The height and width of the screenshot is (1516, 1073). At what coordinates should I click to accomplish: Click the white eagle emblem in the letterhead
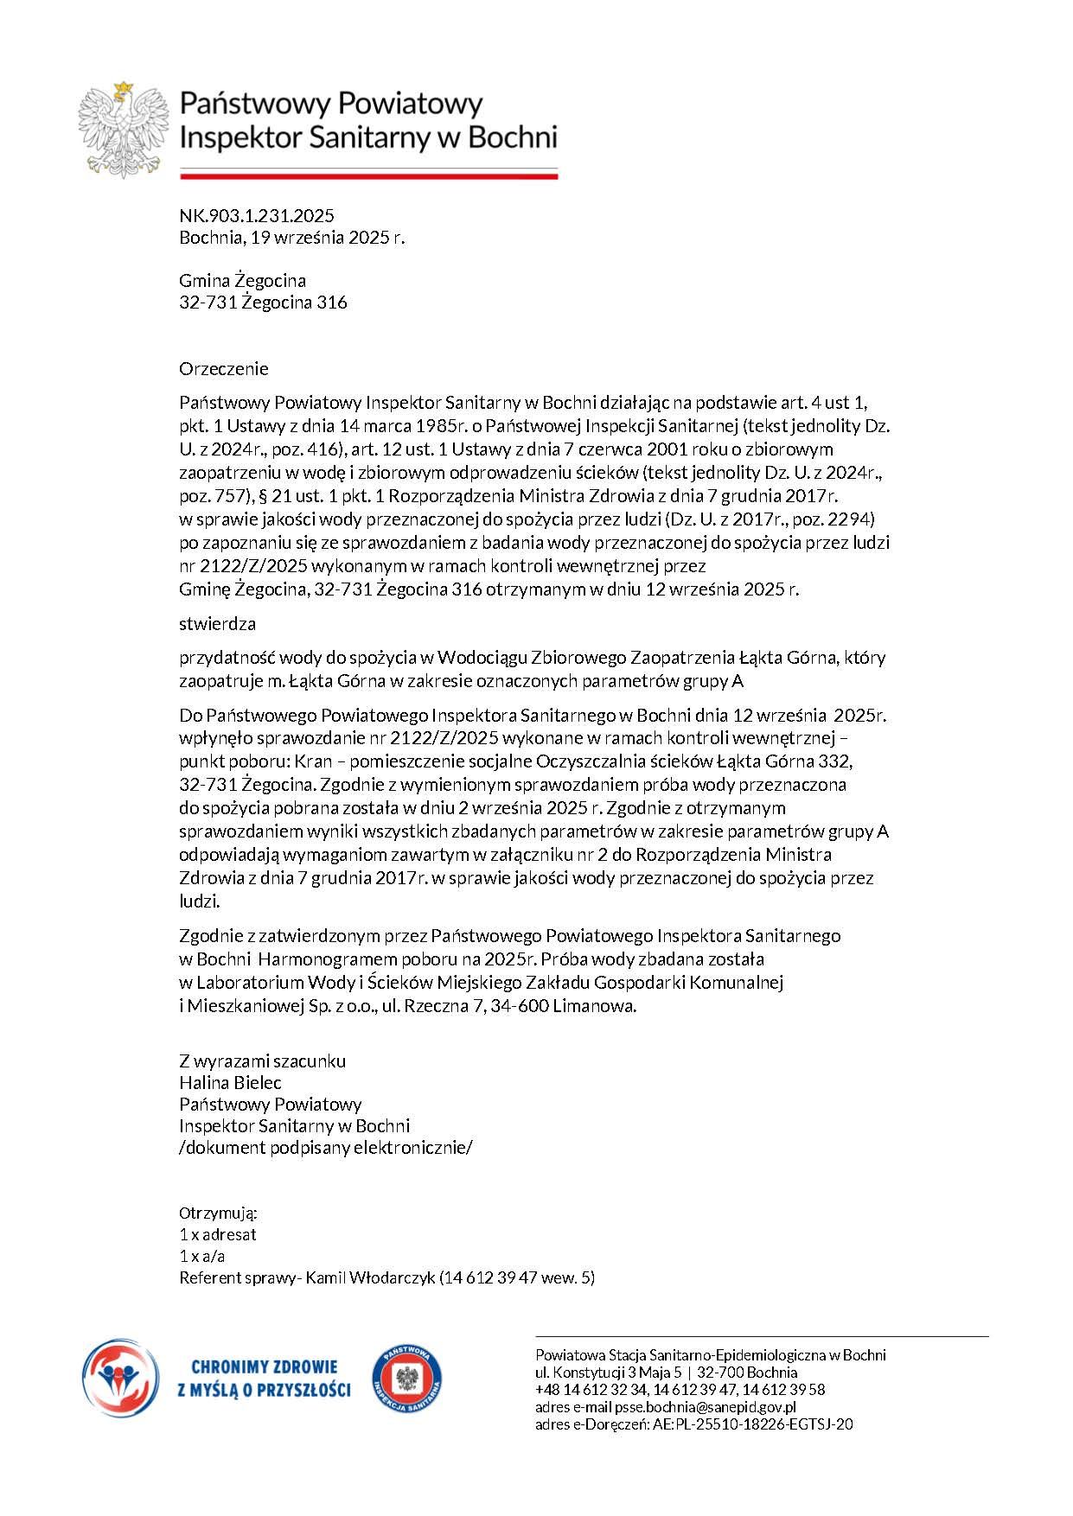[x=123, y=129]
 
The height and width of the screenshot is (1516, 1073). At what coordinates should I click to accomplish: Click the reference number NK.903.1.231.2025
[x=257, y=216]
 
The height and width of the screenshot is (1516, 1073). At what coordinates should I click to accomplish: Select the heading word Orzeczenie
[x=224, y=369]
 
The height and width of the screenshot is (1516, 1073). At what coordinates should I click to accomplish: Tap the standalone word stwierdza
[x=217, y=623]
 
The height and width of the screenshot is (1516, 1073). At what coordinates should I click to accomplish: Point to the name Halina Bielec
[x=230, y=1082]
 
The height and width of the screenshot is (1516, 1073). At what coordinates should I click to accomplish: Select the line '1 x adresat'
[x=218, y=1234]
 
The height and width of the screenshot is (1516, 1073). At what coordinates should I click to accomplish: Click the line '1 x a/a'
[x=202, y=1256]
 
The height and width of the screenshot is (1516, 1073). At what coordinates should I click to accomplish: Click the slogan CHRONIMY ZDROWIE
[x=264, y=1367]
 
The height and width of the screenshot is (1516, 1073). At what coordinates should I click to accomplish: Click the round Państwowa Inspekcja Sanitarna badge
[x=407, y=1379]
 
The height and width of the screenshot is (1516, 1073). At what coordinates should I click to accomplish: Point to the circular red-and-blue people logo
[x=120, y=1378]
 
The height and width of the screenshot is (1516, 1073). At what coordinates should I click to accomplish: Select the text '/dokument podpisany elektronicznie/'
[x=326, y=1148]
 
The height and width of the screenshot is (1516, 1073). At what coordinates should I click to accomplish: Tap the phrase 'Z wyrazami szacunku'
[x=263, y=1061]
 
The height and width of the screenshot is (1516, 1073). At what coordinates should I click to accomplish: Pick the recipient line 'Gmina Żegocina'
[x=242, y=281]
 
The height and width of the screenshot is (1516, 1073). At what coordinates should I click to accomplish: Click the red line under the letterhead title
[x=368, y=176]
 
